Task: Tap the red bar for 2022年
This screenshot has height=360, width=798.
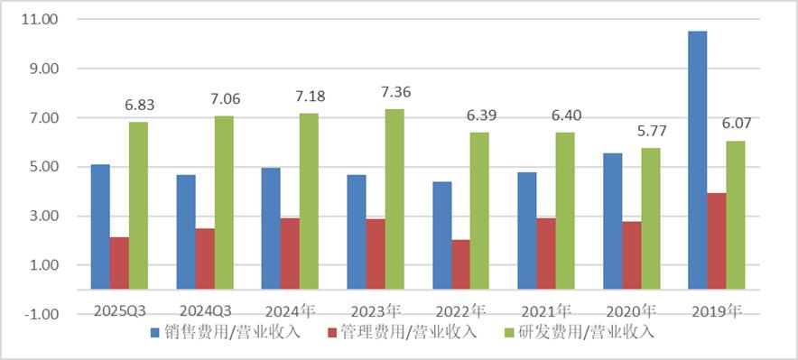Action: click(x=460, y=264)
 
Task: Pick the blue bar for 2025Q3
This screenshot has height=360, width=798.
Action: click(x=100, y=227)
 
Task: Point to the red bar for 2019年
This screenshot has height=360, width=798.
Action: click(x=716, y=241)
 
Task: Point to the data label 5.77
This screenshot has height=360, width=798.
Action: click(x=652, y=132)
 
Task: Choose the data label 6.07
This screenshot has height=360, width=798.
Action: click(x=737, y=125)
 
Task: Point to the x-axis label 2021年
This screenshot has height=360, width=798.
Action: click(x=546, y=311)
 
